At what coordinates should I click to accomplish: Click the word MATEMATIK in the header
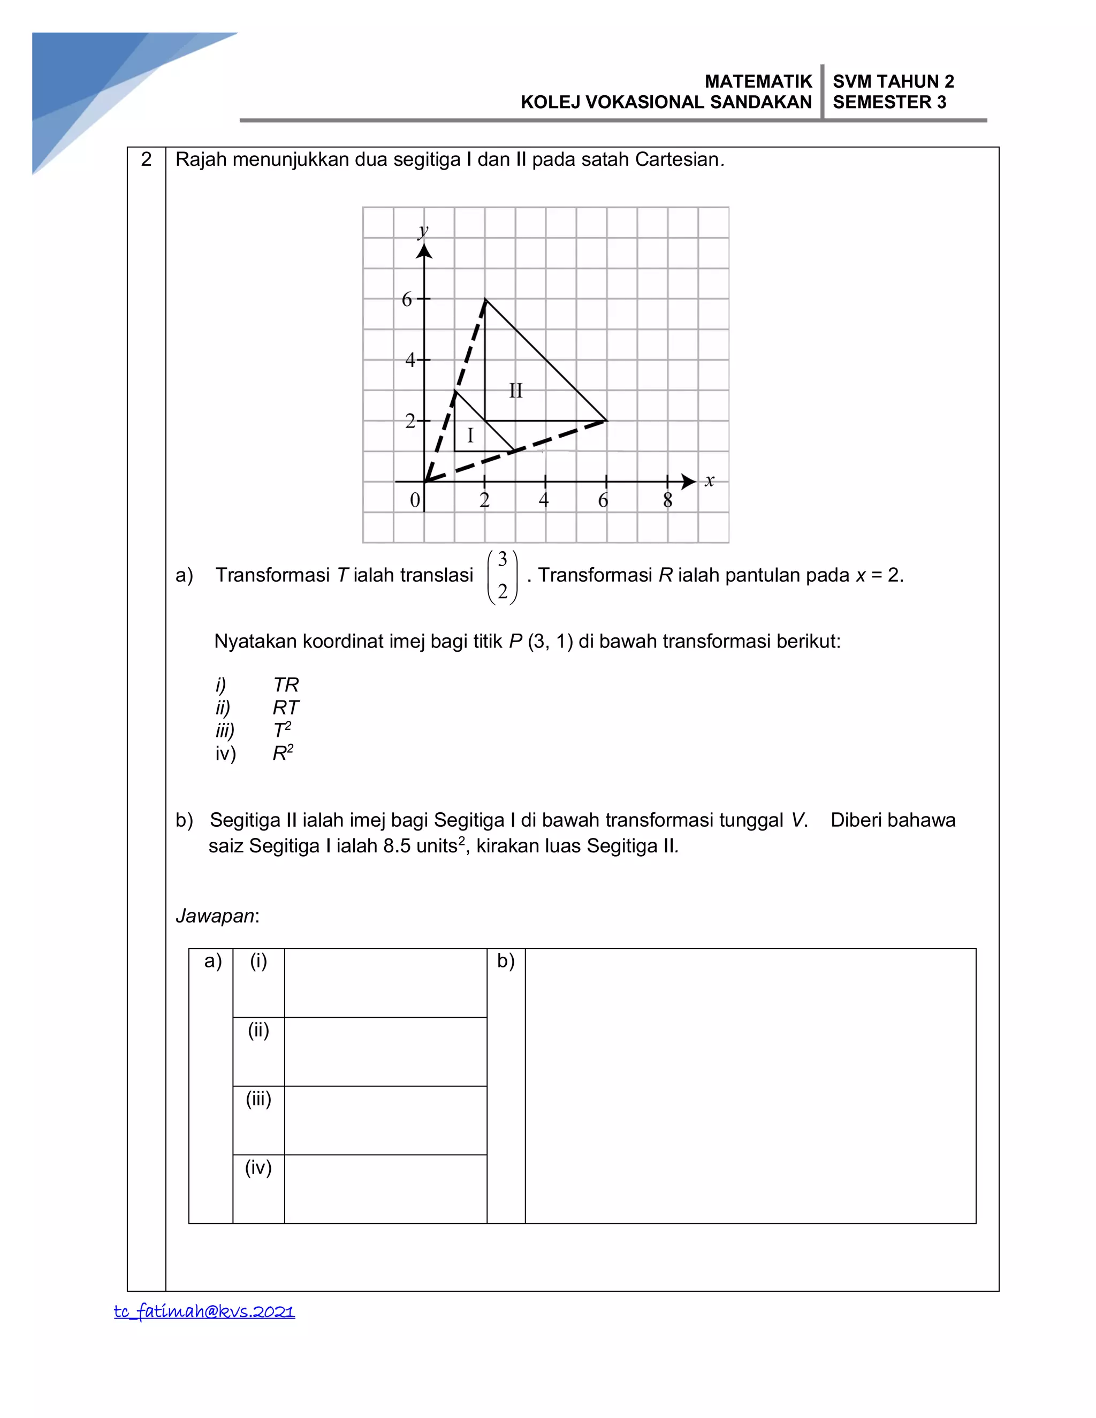758,81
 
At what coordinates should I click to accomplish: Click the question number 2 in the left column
146,159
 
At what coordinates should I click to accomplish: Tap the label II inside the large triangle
515,391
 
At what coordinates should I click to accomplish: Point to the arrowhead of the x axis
689,482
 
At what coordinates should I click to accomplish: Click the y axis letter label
423,231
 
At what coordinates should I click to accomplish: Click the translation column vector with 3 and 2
503,576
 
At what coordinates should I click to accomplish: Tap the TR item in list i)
286,685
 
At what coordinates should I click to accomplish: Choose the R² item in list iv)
283,753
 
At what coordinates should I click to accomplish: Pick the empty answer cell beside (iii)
386,1120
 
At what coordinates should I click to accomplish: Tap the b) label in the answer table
506,961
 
